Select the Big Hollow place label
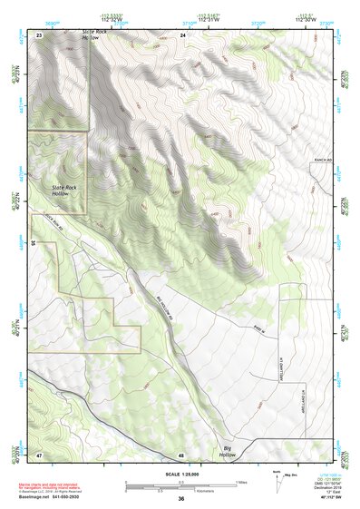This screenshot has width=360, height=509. coord(233,449)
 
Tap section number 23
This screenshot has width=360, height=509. coord(39,34)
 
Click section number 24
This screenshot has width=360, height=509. coord(182,34)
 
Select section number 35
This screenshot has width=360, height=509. coord(33,243)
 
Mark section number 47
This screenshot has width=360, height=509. coord(39,454)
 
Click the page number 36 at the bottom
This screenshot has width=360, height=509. coord(181,499)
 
